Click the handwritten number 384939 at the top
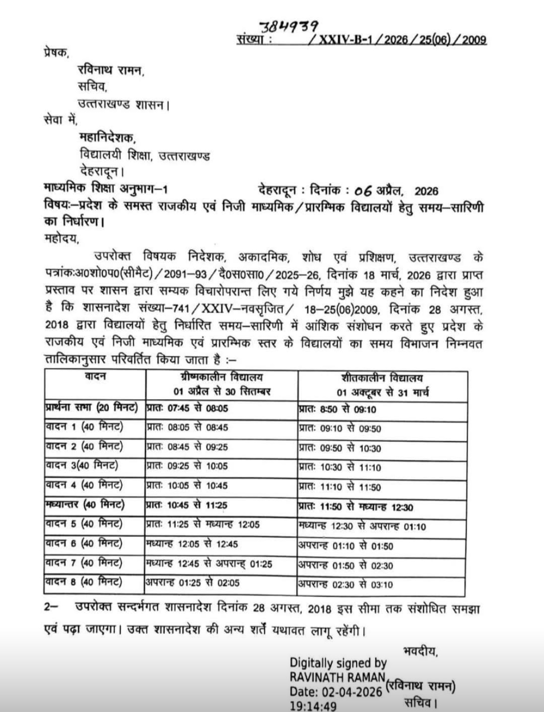pos(288,26)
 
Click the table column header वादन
pos(95,376)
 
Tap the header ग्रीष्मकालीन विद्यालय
pos(222,377)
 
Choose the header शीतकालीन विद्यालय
pos(382,378)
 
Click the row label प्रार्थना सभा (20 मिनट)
pos(92,408)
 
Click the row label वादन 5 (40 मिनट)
pos(84,524)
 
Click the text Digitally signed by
pos(338,663)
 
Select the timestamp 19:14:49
pos(313,706)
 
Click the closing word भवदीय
pos(420,651)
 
